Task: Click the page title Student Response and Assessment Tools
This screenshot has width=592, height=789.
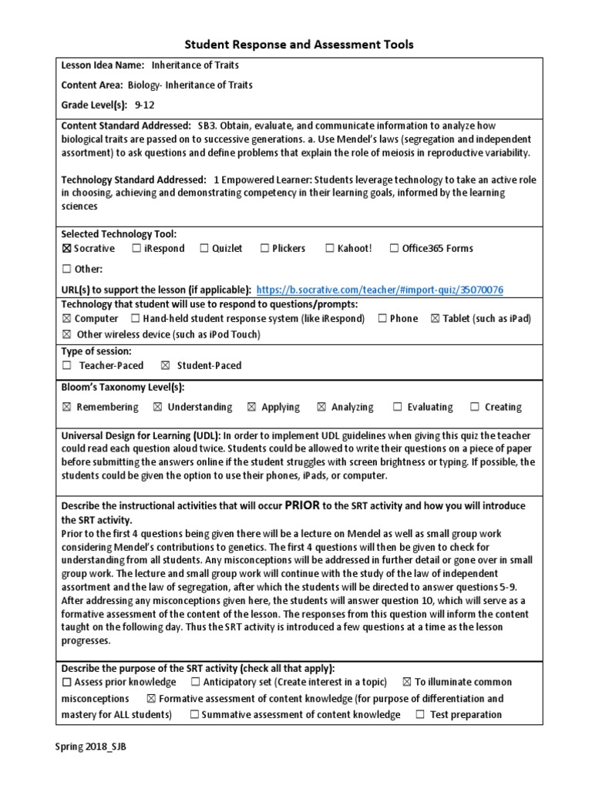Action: point(298,45)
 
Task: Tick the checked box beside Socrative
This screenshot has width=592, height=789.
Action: point(66,248)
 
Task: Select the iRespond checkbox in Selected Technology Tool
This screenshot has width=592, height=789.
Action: point(136,248)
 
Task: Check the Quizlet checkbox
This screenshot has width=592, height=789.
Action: point(204,248)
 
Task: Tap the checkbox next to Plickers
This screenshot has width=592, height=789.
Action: point(264,248)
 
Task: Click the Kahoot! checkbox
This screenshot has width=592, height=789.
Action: point(330,248)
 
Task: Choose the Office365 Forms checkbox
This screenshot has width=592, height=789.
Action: point(395,248)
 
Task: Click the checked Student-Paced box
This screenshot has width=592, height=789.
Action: point(165,365)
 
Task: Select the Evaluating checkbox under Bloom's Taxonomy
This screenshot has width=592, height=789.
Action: point(398,407)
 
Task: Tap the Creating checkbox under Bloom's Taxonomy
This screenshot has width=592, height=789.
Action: point(475,407)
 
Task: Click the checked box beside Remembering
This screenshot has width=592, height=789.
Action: point(66,407)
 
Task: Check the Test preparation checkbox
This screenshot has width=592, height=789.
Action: point(420,714)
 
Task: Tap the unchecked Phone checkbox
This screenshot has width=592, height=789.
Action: point(382,318)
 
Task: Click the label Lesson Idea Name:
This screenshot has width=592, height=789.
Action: point(103,66)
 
